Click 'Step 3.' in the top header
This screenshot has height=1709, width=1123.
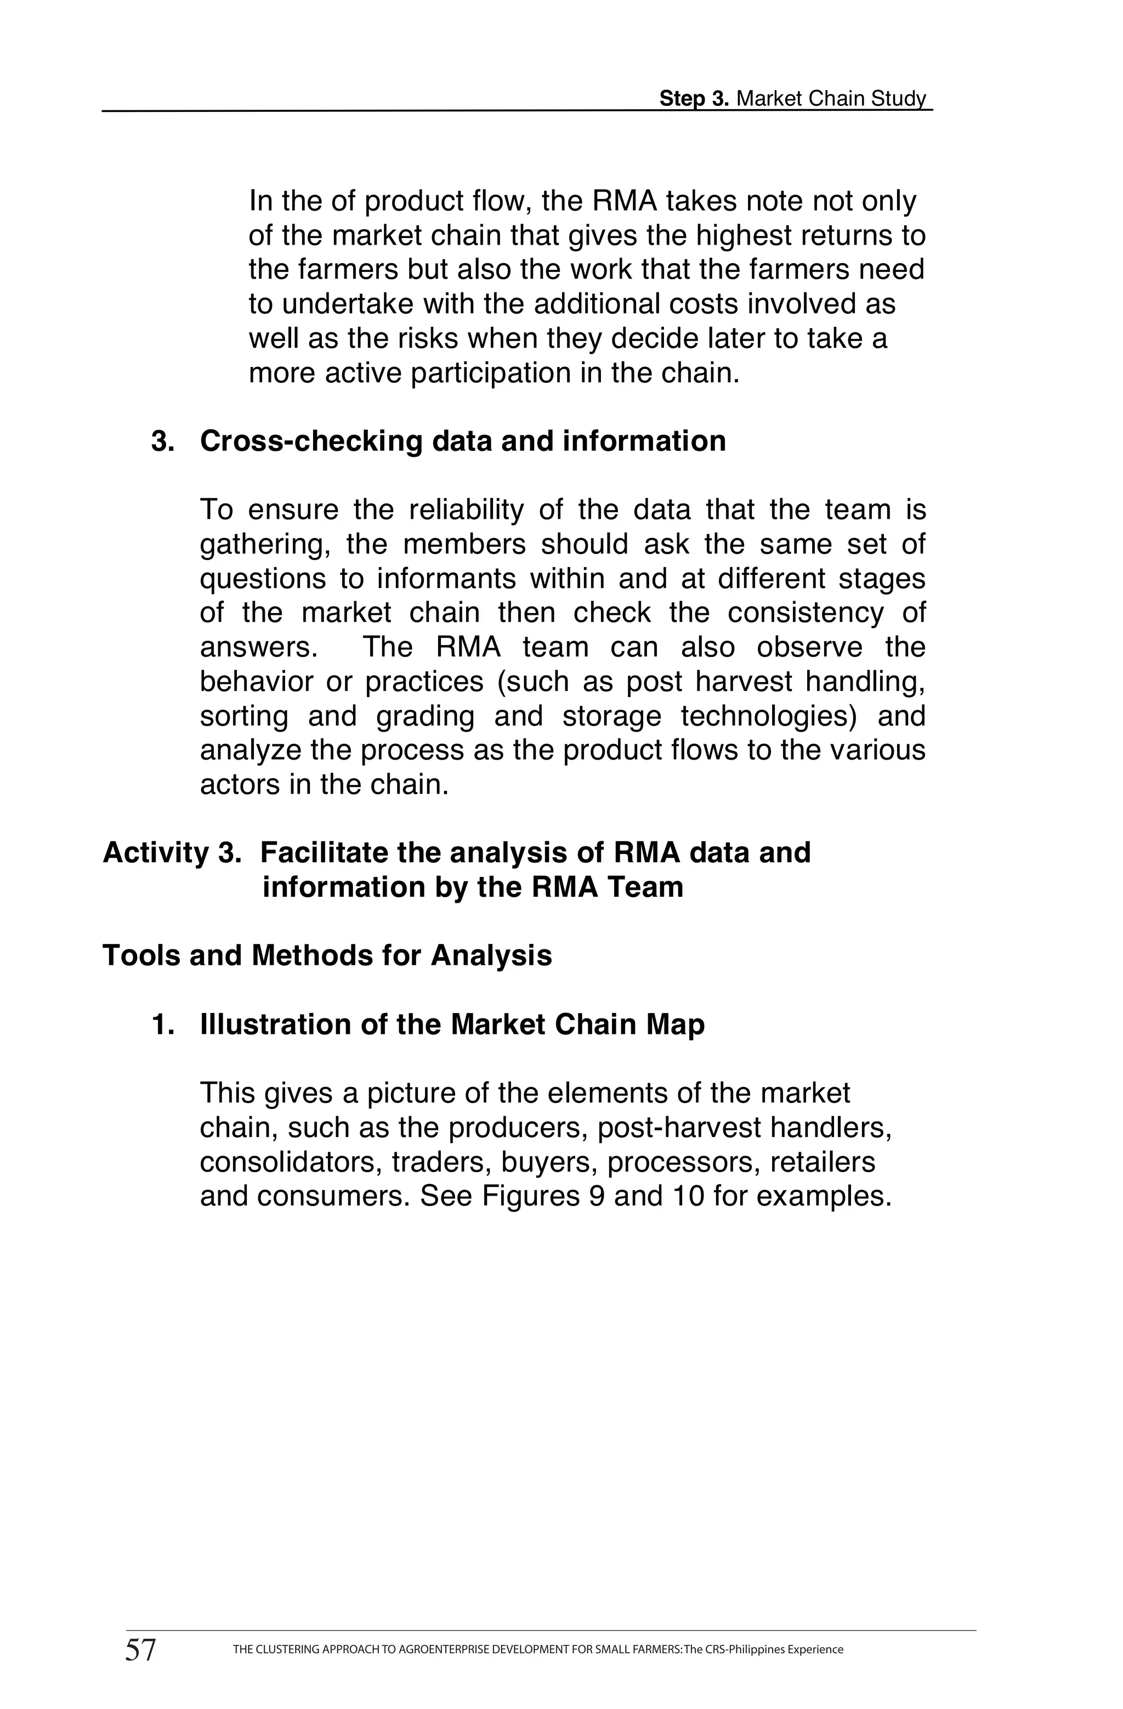click(x=694, y=98)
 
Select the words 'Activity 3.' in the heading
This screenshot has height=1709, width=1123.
click(x=171, y=853)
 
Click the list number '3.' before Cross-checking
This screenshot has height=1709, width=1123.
click(x=163, y=441)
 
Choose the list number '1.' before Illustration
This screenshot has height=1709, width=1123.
click(x=163, y=1025)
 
